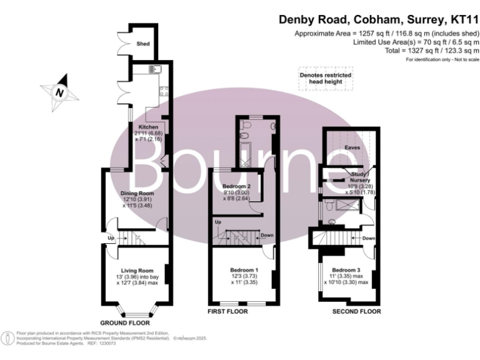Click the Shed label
point(142,44)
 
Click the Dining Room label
point(137,193)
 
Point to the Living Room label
point(137,270)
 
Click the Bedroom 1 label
point(241,269)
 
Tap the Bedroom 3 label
point(346,269)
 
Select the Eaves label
point(351,148)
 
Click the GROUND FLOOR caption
point(126,323)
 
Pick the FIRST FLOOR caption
point(227,311)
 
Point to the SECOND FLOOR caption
point(356,311)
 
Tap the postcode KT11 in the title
point(460,21)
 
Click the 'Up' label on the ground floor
point(111,238)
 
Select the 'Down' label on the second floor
point(368,238)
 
